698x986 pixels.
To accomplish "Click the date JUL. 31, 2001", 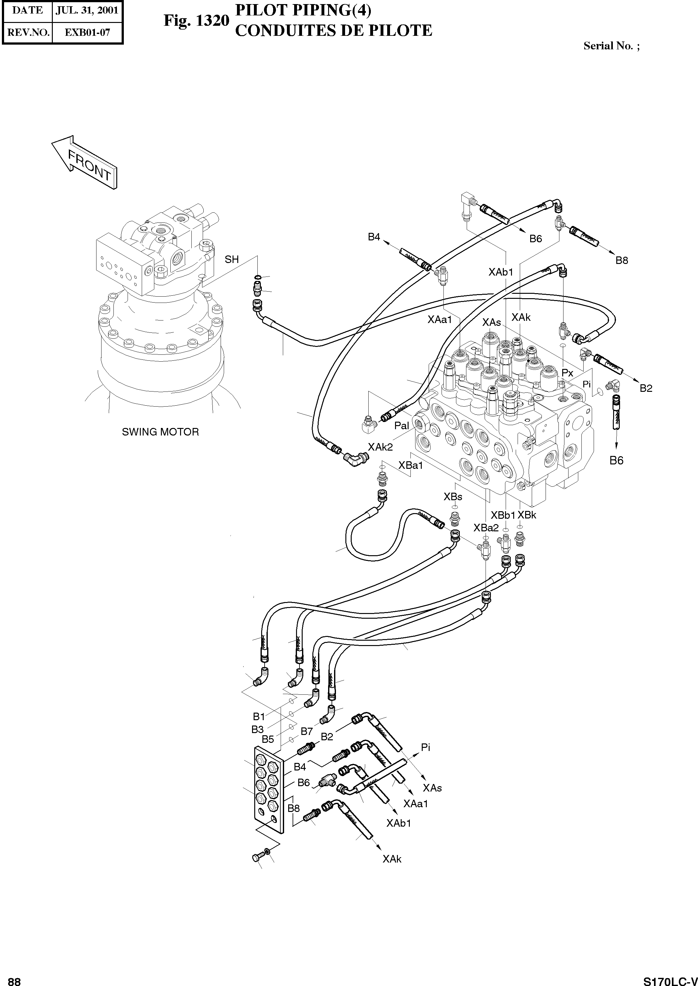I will coord(87,10).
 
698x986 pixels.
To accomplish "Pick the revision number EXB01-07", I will coord(87,33).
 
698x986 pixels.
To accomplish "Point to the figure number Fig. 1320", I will coord(196,21).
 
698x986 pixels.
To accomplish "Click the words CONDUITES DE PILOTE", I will coord(333,31).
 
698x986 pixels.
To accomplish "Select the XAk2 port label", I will coord(380,447).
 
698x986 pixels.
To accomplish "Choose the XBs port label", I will coord(453,497).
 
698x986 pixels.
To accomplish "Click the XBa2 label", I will coord(486,528).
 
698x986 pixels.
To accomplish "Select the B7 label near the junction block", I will coord(306,731).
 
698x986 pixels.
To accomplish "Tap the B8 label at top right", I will coord(622,260).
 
